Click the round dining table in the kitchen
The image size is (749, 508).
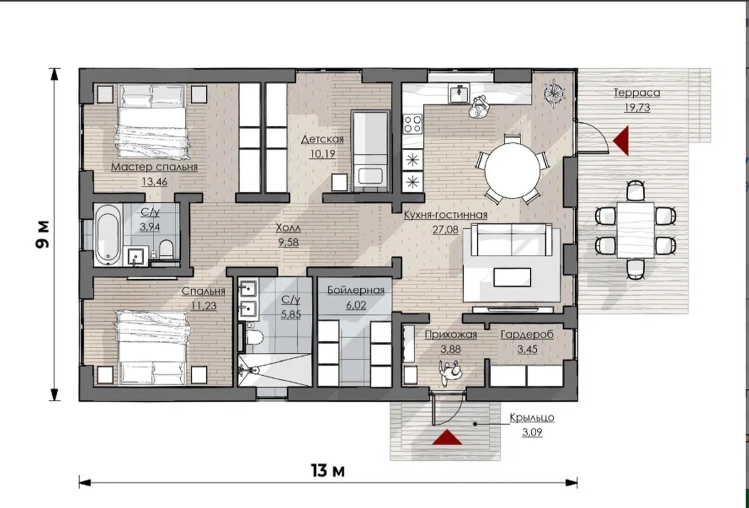point(512,170)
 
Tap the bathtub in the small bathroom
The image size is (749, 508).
point(108,235)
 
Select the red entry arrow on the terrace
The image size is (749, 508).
point(621,141)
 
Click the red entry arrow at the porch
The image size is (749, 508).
point(447,437)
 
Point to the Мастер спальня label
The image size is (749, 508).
point(154,167)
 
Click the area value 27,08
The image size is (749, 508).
point(445,229)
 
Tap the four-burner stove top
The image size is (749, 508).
point(412,124)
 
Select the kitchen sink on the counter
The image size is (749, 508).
point(459,93)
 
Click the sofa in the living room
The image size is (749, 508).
point(511,240)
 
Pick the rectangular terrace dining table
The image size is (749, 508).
point(635,229)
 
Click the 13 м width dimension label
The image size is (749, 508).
point(328,470)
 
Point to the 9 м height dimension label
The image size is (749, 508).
point(42,234)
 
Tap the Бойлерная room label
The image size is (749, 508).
point(356,290)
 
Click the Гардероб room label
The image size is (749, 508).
point(527,334)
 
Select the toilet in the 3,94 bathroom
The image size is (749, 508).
point(166,249)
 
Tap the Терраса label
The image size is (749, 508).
point(637,93)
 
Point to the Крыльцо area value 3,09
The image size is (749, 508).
point(532,432)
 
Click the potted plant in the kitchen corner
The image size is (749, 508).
point(554,93)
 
